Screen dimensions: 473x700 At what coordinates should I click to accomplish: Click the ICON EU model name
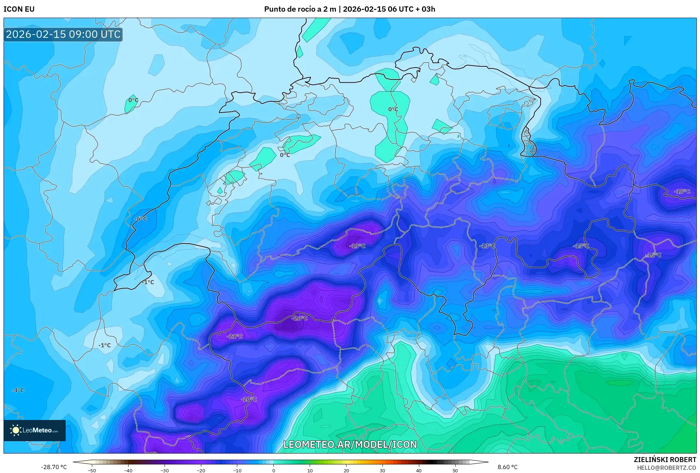click(x=19, y=9)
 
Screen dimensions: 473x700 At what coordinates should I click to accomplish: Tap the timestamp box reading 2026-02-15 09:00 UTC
click(x=63, y=34)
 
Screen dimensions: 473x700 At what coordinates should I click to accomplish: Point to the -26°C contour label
click(x=299, y=318)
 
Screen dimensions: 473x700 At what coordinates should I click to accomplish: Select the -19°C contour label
click(x=357, y=246)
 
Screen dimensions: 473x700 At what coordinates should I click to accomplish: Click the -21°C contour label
click(x=235, y=336)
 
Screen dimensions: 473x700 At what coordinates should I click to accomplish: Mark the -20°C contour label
click(x=249, y=399)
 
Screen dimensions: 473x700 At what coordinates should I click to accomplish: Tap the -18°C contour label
click(x=682, y=191)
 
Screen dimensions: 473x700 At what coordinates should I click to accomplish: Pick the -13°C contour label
click(x=487, y=246)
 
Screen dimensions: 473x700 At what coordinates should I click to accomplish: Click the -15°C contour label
click(x=581, y=246)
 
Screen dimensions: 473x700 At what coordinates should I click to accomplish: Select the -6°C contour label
click(x=141, y=219)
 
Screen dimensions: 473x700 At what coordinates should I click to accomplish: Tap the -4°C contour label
click(x=18, y=390)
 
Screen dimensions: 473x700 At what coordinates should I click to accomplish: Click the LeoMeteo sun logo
click(x=16, y=430)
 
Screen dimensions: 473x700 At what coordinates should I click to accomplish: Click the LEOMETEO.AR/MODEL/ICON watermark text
click(x=350, y=444)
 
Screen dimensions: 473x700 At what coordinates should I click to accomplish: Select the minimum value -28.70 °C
click(x=54, y=467)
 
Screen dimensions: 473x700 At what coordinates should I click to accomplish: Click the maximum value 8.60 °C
click(x=508, y=467)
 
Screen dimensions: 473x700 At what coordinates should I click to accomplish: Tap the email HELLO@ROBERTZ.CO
click(x=666, y=468)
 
